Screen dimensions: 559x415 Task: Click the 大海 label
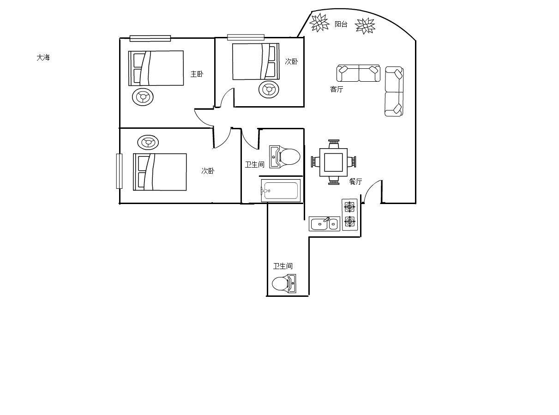[43, 58]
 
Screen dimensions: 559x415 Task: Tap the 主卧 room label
[197, 74]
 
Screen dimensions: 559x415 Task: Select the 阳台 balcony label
[341, 24]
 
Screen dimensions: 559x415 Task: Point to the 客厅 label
[337, 89]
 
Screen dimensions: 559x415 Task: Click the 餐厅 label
[355, 181]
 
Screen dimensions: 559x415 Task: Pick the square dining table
[333, 162]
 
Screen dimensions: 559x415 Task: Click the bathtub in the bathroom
[281, 191]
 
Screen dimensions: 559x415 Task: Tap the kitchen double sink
[324, 223]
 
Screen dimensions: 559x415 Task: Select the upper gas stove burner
[349, 207]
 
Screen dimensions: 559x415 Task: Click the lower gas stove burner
[349, 222]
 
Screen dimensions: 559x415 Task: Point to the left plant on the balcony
[319, 23]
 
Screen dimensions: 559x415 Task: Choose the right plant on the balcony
[365, 26]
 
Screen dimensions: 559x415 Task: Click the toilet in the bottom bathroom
[284, 283]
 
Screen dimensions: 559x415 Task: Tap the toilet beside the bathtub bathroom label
[285, 157]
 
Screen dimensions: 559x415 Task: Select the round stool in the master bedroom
[143, 97]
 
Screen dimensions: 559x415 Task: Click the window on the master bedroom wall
[150, 38]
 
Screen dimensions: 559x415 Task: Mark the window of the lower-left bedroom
[119, 171]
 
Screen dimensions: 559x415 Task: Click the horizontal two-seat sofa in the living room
[358, 73]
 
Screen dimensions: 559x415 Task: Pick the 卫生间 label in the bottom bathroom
[283, 266]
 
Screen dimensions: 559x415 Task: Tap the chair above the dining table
[334, 144]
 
